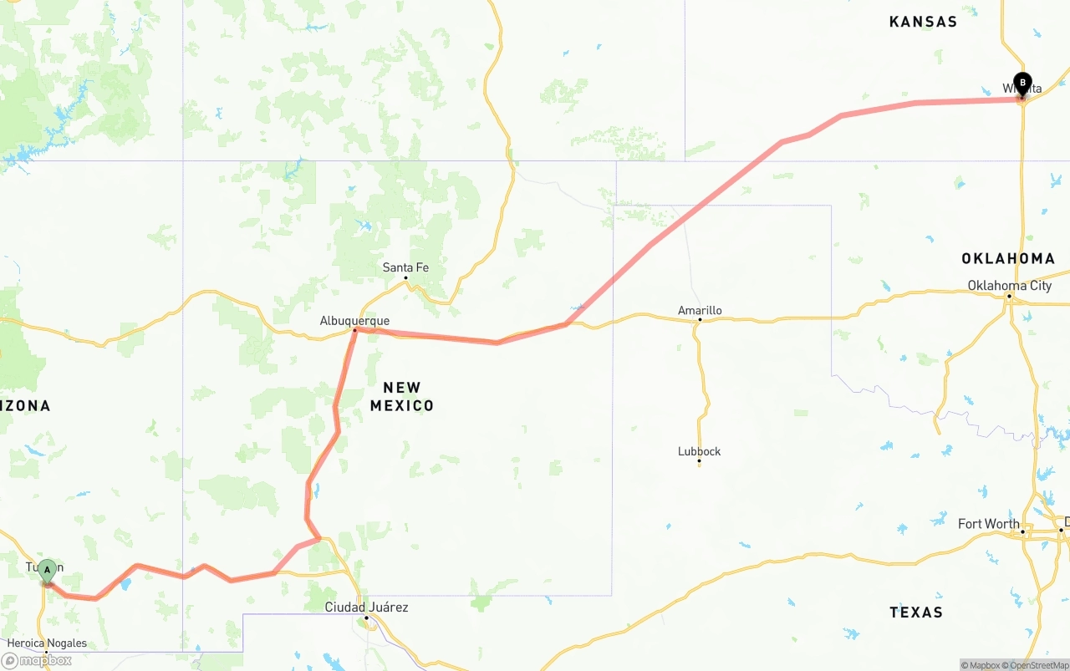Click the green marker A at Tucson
(48, 572)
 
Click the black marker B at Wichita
(1022, 84)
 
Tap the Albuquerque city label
(354, 321)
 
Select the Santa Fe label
(405, 267)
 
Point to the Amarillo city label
(700, 311)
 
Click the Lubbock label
(699, 451)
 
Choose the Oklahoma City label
(1009, 286)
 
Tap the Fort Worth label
(988, 524)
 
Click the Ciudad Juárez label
(366, 607)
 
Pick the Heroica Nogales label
(47, 643)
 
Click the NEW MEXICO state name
(402, 396)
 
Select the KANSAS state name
(923, 22)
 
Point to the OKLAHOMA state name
(1008, 258)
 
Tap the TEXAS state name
(916, 613)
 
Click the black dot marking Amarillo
(700, 321)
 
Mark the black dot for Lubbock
(699, 461)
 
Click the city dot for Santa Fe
(405, 277)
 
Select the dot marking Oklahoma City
(1009, 296)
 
